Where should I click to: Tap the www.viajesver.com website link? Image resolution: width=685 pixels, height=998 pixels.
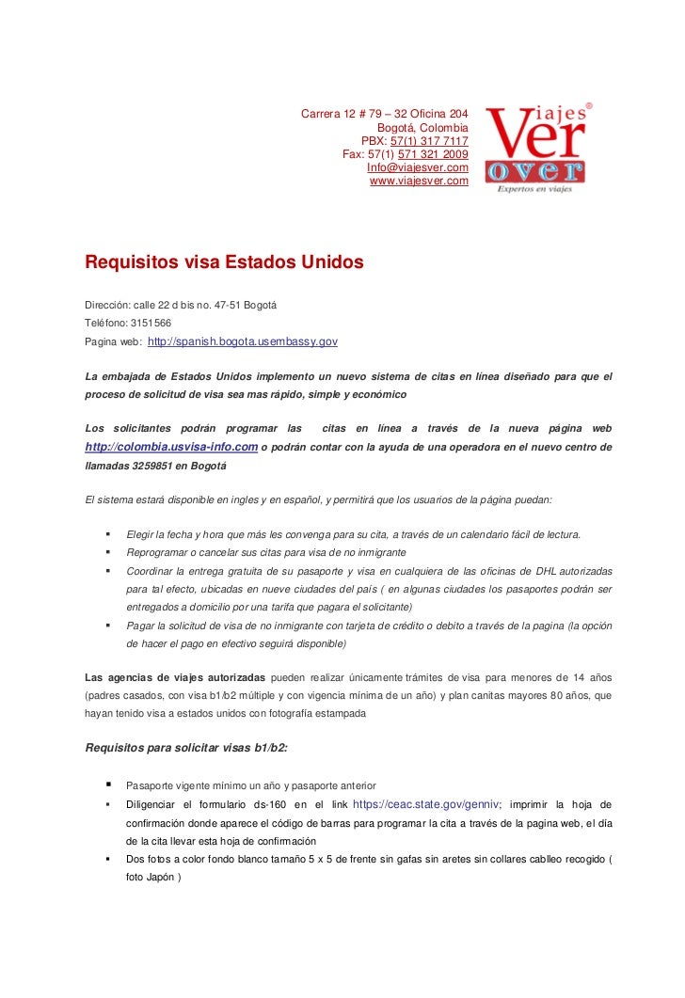coord(418,181)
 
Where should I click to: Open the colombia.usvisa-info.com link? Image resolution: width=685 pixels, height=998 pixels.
coord(171,446)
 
